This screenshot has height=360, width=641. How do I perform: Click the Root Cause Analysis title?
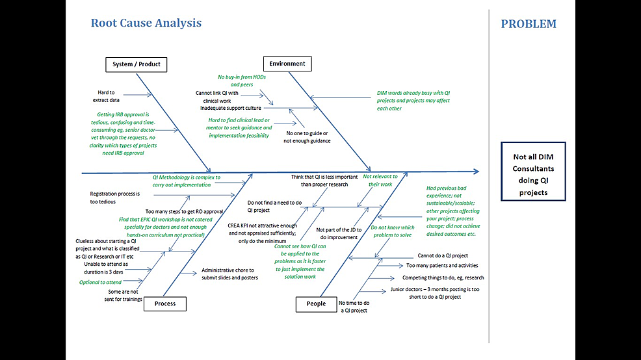[x=146, y=23]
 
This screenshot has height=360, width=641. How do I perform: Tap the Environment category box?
[x=287, y=64]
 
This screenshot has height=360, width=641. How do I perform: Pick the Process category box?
[x=165, y=303]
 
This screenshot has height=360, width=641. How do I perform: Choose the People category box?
[x=316, y=303]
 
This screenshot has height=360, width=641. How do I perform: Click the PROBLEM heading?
[x=528, y=24]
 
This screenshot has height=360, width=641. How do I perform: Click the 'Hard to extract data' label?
[x=107, y=96]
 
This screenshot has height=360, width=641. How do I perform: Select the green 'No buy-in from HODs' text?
[x=241, y=81]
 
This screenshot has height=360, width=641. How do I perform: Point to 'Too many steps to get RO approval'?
[x=185, y=212]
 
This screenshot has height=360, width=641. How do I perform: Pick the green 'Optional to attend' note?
[x=100, y=282]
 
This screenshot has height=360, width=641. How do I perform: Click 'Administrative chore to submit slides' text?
[x=229, y=274]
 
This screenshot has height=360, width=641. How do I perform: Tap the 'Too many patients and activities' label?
[x=442, y=265]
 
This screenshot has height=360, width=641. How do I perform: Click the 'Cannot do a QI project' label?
[x=443, y=255]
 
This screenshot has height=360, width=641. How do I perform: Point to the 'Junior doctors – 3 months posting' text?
[x=434, y=292]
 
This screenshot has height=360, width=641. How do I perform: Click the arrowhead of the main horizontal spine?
[x=477, y=172]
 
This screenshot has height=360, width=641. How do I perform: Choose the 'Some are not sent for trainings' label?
[x=124, y=295]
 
